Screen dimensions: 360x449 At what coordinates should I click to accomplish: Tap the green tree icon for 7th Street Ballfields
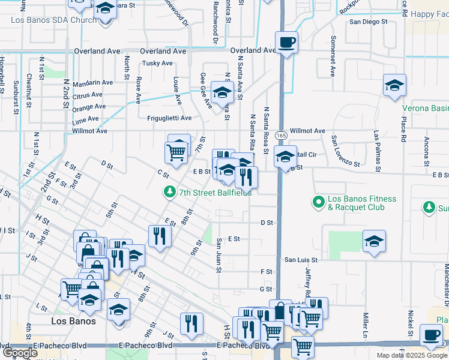click(x=170, y=192)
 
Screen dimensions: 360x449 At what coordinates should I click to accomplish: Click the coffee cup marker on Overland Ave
click(x=286, y=43)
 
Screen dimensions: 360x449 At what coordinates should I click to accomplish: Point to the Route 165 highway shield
click(x=280, y=137)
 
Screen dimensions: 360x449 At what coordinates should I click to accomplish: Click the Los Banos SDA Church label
click(x=53, y=20)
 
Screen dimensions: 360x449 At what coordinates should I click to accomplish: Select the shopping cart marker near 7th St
click(x=176, y=152)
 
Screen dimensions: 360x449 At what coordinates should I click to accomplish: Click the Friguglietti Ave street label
click(x=169, y=118)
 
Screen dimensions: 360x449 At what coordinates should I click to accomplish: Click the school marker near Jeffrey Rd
click(x=374, y=241)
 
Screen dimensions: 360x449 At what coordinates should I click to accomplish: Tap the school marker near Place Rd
click(x=394, y=85)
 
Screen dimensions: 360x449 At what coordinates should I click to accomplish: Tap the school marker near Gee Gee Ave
click(x=222, y=93)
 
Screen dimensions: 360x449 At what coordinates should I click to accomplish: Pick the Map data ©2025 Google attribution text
click(x=411, y=355)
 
